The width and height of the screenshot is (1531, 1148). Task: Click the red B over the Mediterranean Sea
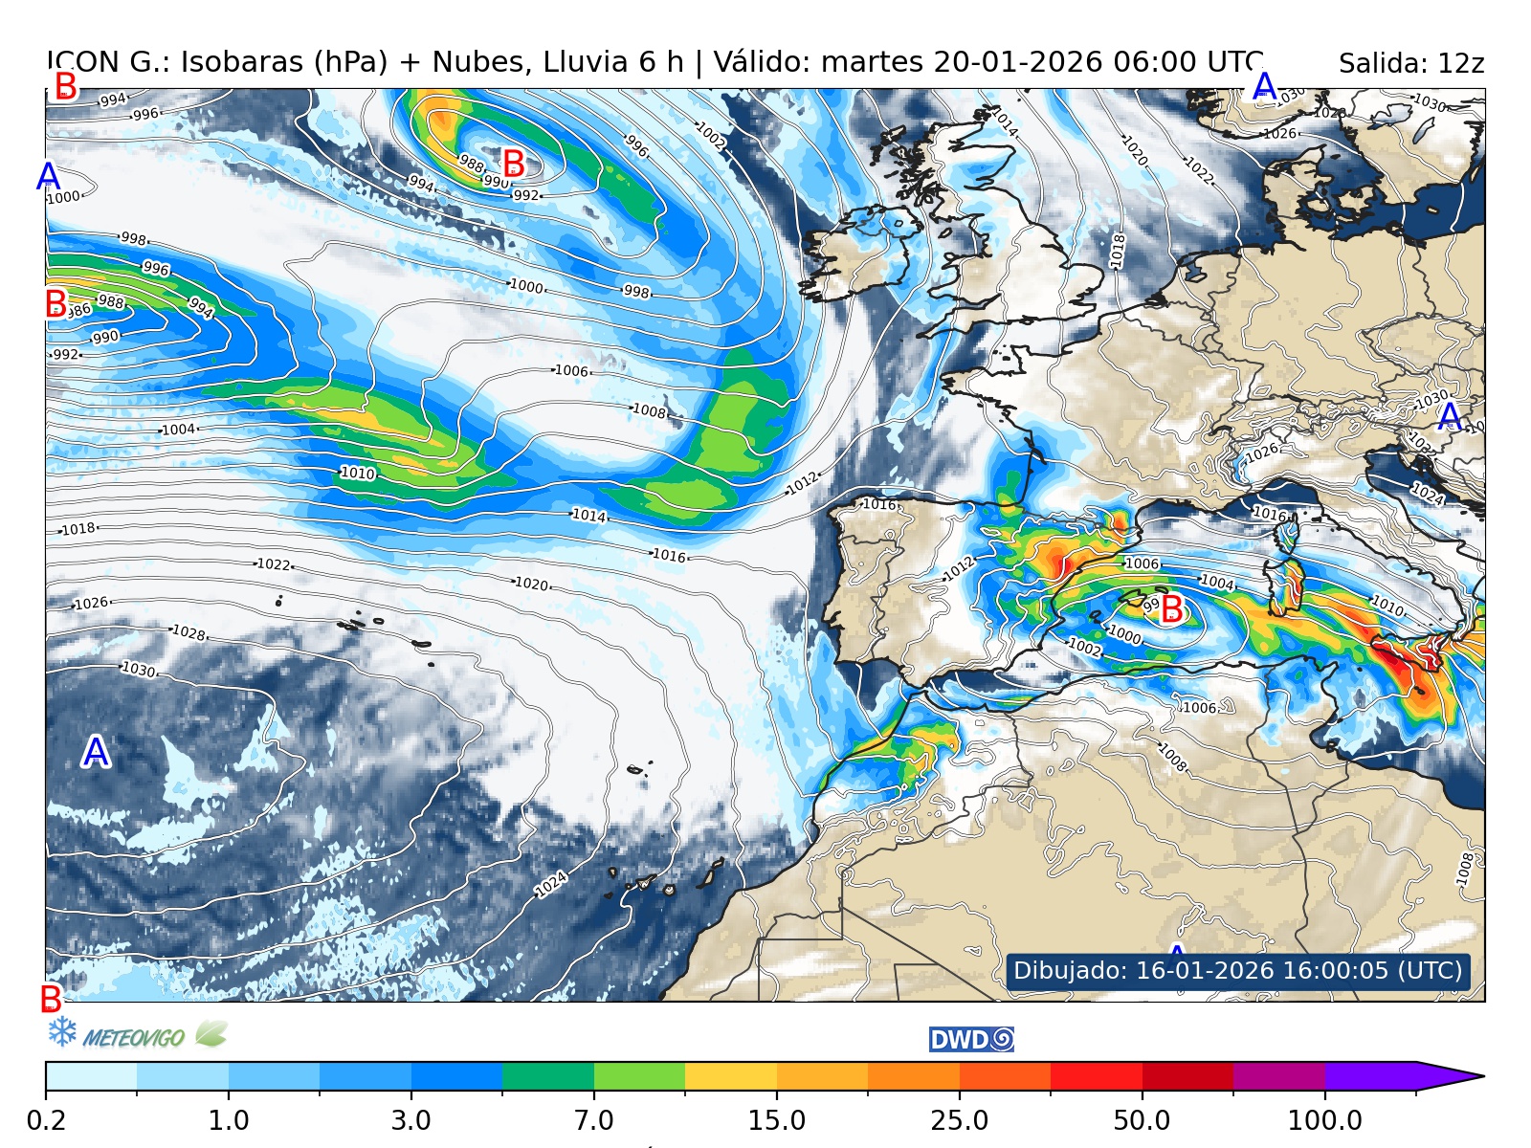coord(1171,608)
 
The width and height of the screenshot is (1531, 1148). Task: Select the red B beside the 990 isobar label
coord(514,164)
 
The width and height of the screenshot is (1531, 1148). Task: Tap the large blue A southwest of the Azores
coord(95,753)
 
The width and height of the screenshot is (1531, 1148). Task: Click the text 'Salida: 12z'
coord(1410,64)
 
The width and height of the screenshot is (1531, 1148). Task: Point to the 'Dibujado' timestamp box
coord(1237,970)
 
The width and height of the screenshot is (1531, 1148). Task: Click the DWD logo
coord(971,1040)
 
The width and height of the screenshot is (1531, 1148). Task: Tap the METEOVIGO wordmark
coord(133,1038)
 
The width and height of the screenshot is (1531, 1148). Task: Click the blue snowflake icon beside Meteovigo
coord(62,1031)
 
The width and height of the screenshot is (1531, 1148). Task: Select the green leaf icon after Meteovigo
coord(211,1033)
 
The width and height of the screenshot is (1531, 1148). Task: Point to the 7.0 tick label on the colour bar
coord(593,1119)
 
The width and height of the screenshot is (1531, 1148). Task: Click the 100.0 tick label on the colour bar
coord(1324,1119)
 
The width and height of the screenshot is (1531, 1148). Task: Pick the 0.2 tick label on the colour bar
coord(46,1119)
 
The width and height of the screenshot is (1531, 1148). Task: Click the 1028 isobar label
coord(189,632)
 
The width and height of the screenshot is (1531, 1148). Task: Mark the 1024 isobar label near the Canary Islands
coord(551,884)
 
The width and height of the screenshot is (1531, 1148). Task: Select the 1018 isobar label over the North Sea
coord(1118,251)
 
